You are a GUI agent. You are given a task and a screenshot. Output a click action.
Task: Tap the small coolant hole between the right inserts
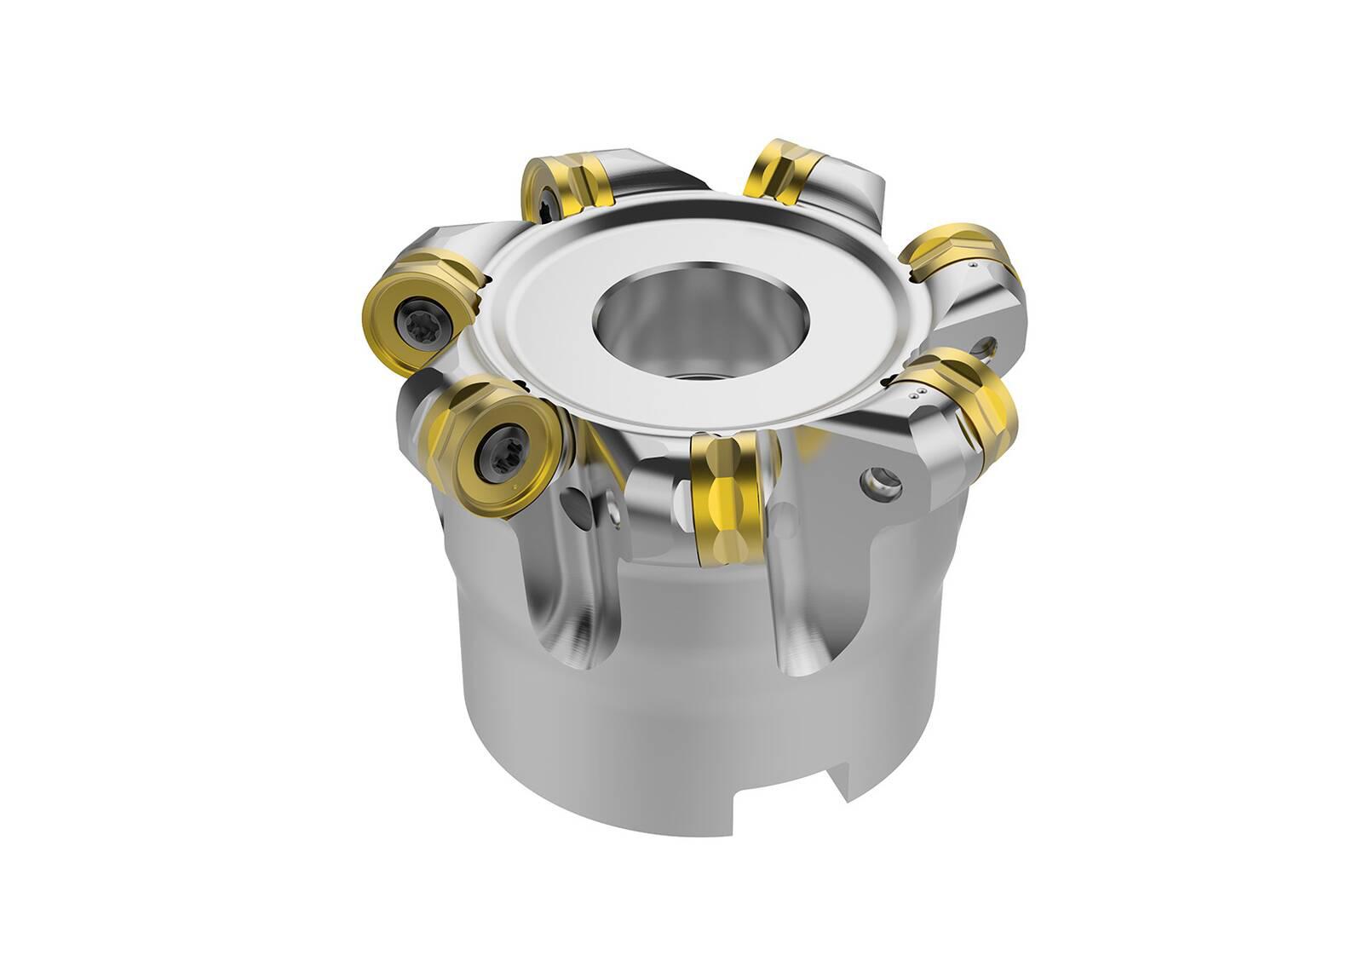987,346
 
